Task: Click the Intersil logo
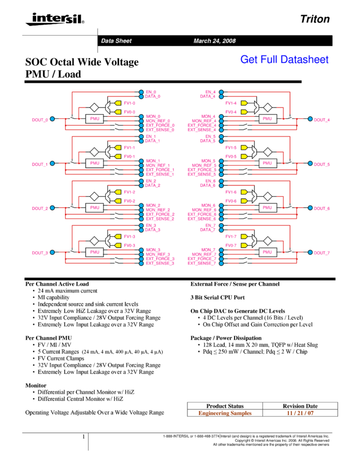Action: pos(53,19)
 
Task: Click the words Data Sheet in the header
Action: pos(116,41)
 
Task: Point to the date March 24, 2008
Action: pos(214,41)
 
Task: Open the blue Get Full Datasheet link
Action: pos(284,59)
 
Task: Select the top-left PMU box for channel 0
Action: pos(94,118)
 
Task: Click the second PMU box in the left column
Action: pos(94,163)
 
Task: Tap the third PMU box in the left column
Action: pos(94,208)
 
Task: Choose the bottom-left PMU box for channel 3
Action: pos(94,252)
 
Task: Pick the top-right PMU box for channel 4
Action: pos(267,118)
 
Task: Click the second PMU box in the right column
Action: pos(267,163)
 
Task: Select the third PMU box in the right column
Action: pos(267,208)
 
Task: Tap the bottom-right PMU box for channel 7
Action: pos(267,252)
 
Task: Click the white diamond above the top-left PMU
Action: pos(94,107)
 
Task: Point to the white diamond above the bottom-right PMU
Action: pos(267,241)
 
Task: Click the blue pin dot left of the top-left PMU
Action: pos(52,119)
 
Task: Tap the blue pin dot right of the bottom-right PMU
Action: pos(310,252)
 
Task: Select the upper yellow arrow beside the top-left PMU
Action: pos(118,103)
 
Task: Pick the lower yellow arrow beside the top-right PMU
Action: pos(244,112)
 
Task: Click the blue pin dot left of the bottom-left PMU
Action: pos(52,252)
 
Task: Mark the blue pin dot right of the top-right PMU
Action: pos(310,119)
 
